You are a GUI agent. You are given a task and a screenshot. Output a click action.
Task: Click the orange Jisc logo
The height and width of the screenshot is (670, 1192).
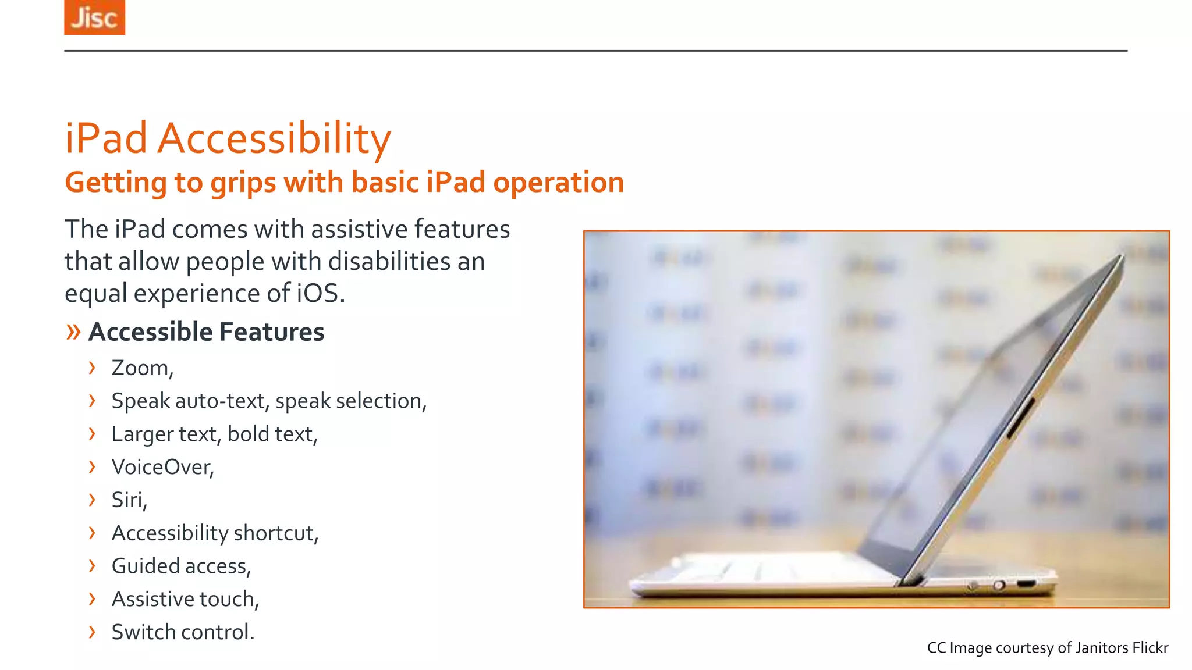[x=94, y=17]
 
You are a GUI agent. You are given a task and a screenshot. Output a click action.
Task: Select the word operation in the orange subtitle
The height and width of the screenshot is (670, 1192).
[x=558, y=182]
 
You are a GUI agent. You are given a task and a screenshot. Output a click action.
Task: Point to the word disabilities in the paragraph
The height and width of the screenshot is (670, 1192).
[x=389, y=261]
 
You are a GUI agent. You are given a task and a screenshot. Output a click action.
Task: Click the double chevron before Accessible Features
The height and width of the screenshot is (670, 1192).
[x=73, y=332]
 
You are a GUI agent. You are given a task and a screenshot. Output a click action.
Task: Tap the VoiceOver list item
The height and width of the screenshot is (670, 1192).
[x=162, y=467]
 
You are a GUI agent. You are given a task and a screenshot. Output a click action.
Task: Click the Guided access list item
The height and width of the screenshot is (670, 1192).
[x=181, y=566]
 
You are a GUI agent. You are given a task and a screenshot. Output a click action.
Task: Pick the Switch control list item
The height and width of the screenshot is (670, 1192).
[x=183, y=632]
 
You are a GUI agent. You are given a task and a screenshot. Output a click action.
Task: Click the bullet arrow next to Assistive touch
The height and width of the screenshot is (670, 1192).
[x=92, y=599]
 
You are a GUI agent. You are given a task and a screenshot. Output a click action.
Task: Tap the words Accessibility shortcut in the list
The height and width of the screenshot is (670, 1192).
[x=215, y=533]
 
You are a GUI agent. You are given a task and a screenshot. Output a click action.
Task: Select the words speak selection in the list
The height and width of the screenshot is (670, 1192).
[x=351, y=401]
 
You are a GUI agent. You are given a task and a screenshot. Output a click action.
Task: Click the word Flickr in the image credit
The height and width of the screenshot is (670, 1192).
[x=1150, y=648]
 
